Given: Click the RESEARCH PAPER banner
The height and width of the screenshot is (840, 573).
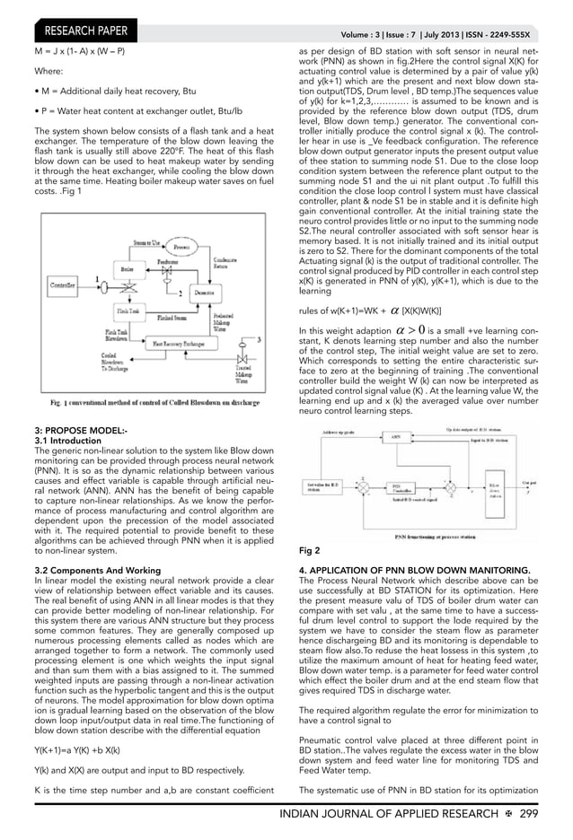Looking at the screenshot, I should (81, 34).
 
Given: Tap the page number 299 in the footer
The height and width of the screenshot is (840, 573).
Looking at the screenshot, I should (551, 813).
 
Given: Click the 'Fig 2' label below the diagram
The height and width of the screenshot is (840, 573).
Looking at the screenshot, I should (310, 546).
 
